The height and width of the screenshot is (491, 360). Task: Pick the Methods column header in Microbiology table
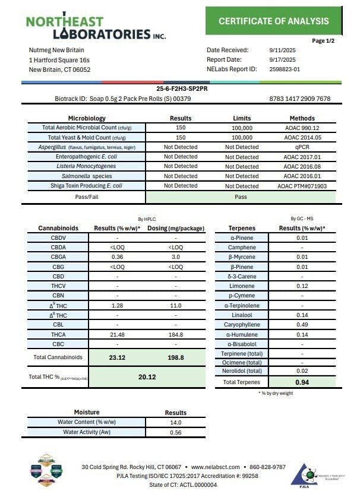[302, 118]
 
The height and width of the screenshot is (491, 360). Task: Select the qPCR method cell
[302, 147]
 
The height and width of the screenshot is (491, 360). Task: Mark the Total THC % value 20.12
[148, 376]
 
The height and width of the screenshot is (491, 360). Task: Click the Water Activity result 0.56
[175, 432]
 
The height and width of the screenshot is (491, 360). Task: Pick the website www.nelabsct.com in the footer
[216, 467]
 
